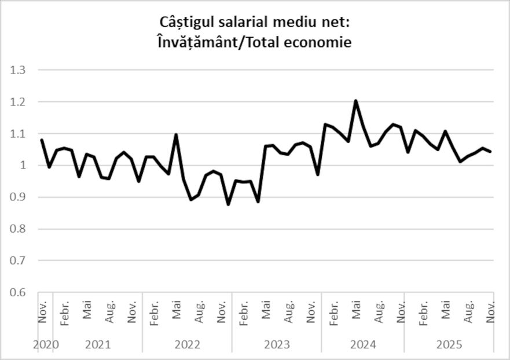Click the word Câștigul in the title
pyautogui.click(x=186, y=22)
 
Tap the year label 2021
pyautogui.click(x=98, y=345)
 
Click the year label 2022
pyautogui.click(x=187, y=345)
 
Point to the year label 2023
pyautogui.click(x=277, y=345)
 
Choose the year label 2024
pyautogui.click(x=363, y=345)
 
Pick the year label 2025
pyautogui.click(x=449, y=345)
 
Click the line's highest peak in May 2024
pyautogui.click(x=355, y=101)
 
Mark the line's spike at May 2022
pyautogui.click(x=176, y=135)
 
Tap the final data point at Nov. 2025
pyautogui.click(x=491, y=152)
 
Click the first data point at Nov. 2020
pyautogui.click(x=42, y=139)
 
